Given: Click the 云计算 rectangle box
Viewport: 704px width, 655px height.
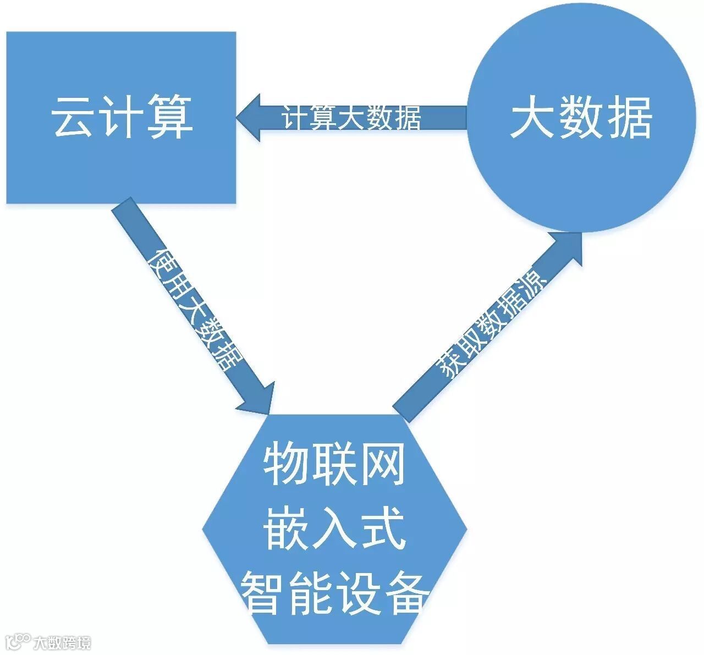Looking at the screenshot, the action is coord(121,165).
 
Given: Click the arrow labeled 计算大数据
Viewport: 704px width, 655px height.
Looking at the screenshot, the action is coord(352,117).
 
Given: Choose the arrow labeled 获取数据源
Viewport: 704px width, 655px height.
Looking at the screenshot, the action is coord(490,324).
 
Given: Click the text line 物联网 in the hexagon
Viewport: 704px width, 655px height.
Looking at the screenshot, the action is coord(334,465).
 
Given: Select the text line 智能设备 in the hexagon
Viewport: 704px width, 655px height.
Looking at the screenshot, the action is coord(334,591).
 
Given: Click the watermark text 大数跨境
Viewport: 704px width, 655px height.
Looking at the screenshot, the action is coord(62,642).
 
